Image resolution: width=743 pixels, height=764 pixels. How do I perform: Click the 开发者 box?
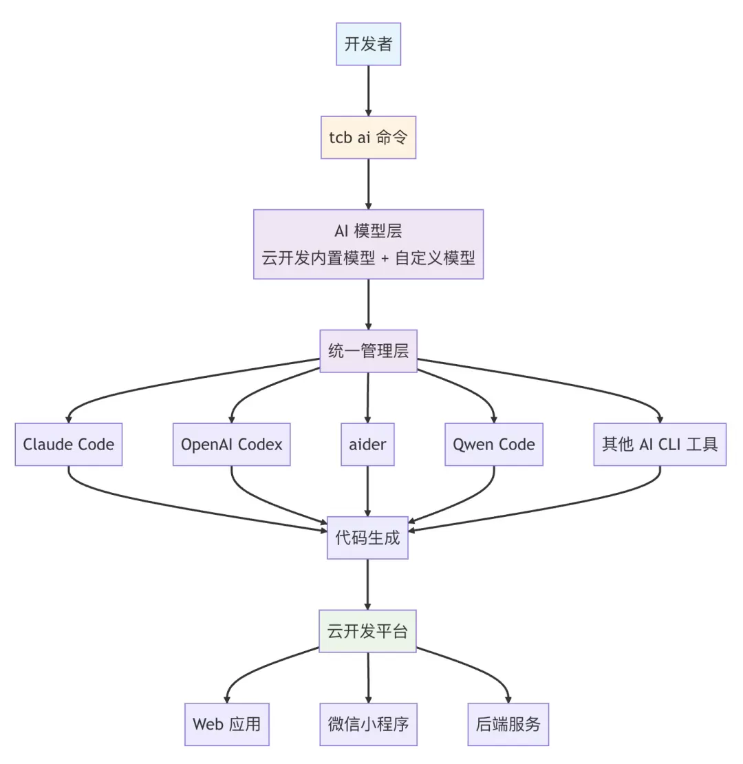pos(368,44)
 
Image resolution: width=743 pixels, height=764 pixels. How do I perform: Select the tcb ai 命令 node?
pos(368,138)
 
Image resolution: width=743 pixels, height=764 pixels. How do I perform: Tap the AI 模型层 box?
pos(368,244)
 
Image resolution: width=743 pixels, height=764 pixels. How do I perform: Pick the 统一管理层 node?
pos(368,351)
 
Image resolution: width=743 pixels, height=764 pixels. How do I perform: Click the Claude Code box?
pos(69,445)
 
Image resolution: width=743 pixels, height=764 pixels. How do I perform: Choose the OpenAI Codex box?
pos(232,445)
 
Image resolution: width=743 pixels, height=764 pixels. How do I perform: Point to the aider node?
pos(367,445)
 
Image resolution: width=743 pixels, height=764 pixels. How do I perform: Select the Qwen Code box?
pos(494,445)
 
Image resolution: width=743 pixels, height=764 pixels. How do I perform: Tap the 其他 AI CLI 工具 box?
pos(660,445)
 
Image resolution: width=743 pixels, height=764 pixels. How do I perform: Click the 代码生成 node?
pos(367,538)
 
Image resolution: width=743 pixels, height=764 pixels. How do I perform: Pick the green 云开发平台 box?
pos(367,631)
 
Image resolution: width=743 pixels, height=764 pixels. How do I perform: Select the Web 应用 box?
pos(227,724)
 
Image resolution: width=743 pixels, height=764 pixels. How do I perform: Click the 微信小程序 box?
pos(368,724)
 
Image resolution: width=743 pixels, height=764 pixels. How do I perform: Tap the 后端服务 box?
pos(508,724)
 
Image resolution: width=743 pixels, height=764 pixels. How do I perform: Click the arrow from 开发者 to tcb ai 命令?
pos(368,91)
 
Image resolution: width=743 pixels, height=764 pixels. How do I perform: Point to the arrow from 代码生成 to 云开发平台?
pos(367,584)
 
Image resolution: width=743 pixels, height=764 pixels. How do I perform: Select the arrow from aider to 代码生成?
pos(367,491)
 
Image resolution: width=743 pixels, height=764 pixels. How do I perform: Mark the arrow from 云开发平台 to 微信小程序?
pos(368,678)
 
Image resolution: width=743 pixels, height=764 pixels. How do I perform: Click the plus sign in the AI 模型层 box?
pos(385,258)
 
